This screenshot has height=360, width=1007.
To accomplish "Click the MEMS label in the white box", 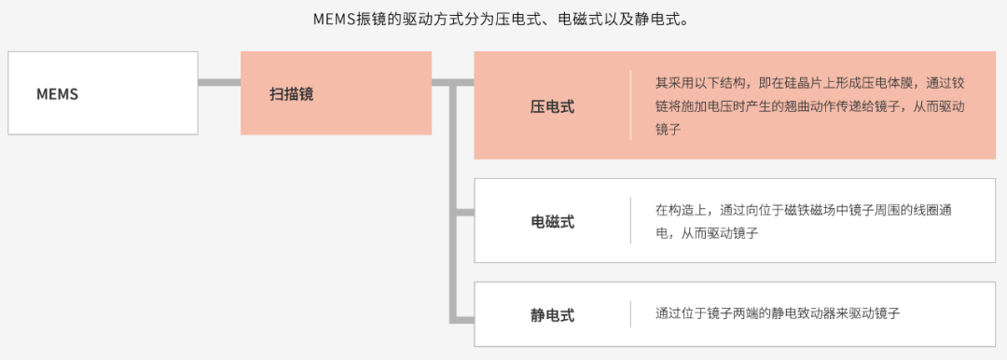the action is [57, 94].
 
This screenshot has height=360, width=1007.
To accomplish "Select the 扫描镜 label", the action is [291, 94].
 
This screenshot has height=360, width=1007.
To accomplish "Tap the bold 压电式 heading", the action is [552, 106].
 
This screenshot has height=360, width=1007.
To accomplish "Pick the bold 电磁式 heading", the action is [552, 222].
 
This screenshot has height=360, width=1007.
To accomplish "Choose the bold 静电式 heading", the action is [552, 315].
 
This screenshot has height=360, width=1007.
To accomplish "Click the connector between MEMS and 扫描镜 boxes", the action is [220, 82].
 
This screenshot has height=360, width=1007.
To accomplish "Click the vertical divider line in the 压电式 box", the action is [630, 105].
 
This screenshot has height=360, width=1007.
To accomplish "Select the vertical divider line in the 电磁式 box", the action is [630, 220].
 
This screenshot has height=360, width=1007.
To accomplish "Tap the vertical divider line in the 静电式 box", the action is [630, 314].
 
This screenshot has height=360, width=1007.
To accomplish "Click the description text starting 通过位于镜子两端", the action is [778, 314].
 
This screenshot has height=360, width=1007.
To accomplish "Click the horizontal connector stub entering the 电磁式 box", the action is [465, 212].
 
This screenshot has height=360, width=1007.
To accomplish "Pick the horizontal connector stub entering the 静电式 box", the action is [465, 318].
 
